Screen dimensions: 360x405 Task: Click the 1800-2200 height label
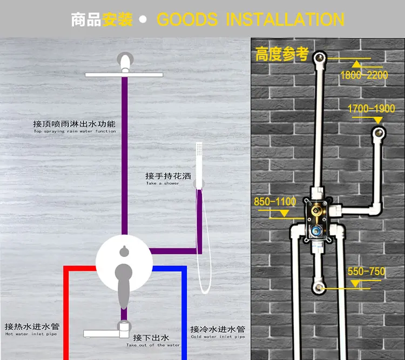[363, 75]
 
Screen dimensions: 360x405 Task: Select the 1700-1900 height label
[371, 109]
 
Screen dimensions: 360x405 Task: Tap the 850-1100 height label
[275, 202]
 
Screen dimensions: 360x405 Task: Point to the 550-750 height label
[367, 271]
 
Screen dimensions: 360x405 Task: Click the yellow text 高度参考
[282, 55]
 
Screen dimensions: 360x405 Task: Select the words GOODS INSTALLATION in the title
[250, 19]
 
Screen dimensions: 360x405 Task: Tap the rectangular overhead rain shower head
[124, 73]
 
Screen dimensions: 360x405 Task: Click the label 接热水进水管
[32, 327]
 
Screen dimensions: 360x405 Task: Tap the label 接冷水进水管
[217, 329]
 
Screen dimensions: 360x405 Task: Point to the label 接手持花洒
[168, 176]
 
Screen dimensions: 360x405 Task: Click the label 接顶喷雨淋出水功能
[75, 124]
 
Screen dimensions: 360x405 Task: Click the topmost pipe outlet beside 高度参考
[320, 57]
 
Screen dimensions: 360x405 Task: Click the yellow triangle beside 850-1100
[283, 214]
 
